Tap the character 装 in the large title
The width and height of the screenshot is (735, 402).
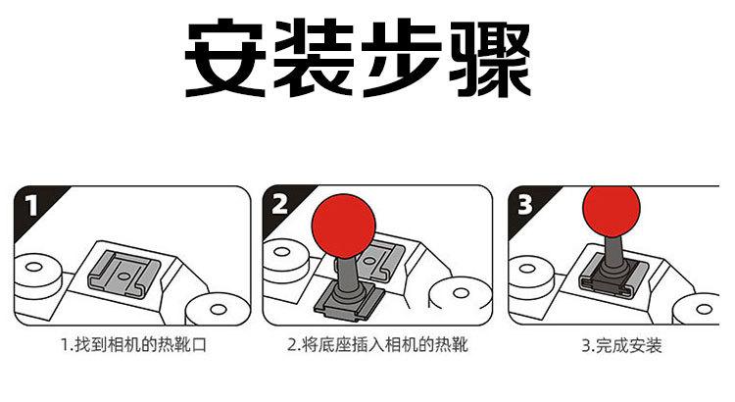pos(314,58)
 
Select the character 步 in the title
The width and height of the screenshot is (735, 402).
pos(401,58)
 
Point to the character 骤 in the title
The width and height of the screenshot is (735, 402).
pos(490,58)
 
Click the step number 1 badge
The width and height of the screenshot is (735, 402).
pos(31,206)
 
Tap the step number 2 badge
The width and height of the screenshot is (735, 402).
pos(279,205)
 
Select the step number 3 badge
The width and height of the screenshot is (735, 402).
pos(525,205)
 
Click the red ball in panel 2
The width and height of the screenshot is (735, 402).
pos(344,226)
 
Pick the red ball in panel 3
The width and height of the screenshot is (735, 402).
pos(612,210)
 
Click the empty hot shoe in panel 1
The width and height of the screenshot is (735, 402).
pos(123,276)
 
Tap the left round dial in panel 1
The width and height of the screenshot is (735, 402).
pos(37,276)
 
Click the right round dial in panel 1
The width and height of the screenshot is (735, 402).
pos(218,309)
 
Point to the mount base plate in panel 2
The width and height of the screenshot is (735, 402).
pos(348,303)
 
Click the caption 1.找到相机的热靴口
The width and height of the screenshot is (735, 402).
pos(133,345)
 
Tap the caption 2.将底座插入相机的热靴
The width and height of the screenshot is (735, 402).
pos(378,345)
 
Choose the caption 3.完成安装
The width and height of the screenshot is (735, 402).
pos(621,346)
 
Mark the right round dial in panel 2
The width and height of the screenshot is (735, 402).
pos(460,294)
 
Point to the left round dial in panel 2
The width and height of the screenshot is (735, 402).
pos(284,261)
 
